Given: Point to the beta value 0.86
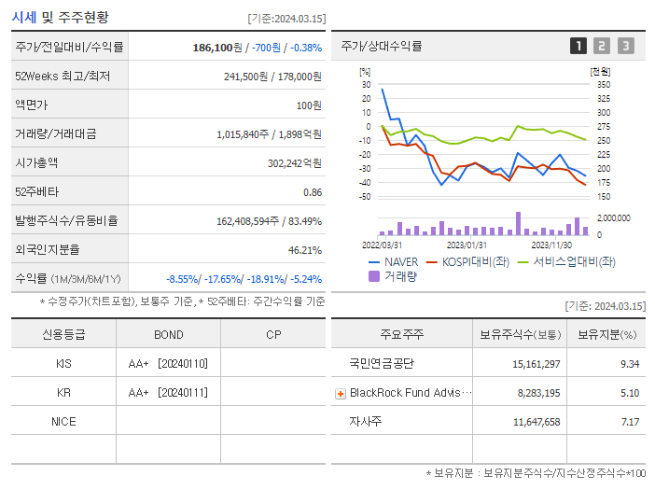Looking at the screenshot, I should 312,191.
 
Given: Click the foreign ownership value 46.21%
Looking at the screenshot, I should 305,249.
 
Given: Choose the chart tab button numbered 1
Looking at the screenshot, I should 578,46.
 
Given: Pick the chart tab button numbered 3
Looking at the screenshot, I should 625,46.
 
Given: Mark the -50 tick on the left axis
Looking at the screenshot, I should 365,197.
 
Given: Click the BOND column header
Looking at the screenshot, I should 168,334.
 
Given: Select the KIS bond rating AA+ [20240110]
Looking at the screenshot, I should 168,363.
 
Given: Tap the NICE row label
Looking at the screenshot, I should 63,421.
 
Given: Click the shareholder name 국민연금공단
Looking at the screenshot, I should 381,363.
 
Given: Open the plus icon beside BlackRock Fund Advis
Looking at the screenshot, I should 341,393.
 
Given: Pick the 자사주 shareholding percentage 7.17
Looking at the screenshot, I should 627,422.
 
